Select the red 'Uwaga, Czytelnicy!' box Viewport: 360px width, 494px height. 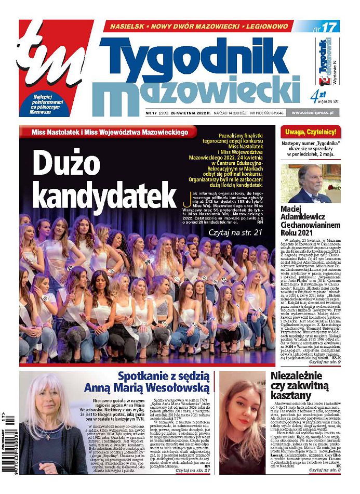(311, 131)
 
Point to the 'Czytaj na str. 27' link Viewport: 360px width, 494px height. (192, 485)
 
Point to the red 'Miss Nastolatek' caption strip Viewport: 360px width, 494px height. (109, 132)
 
